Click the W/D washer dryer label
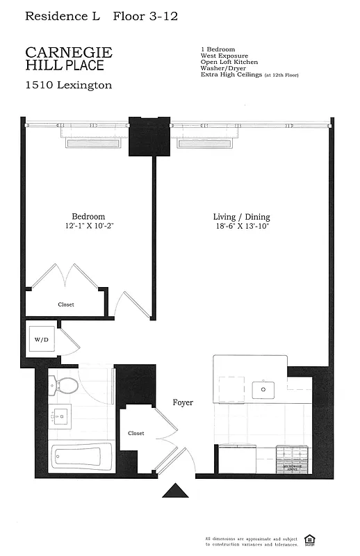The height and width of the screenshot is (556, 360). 42,340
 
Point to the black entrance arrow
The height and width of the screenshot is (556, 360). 175,491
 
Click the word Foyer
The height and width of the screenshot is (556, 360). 183,402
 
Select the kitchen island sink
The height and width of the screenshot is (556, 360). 263,389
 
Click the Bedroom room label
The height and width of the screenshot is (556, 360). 88,217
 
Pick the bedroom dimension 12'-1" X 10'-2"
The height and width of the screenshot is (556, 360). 88,227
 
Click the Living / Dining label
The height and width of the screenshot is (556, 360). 241,217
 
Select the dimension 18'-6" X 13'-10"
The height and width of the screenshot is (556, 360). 241,227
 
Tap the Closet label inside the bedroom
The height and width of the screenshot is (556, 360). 65,304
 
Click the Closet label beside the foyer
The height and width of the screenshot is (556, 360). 136,433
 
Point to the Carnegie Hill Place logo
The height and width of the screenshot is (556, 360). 68,58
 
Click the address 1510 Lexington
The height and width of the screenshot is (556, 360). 68,85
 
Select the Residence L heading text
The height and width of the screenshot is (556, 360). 63,15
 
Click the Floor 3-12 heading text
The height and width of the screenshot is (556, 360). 145,15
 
